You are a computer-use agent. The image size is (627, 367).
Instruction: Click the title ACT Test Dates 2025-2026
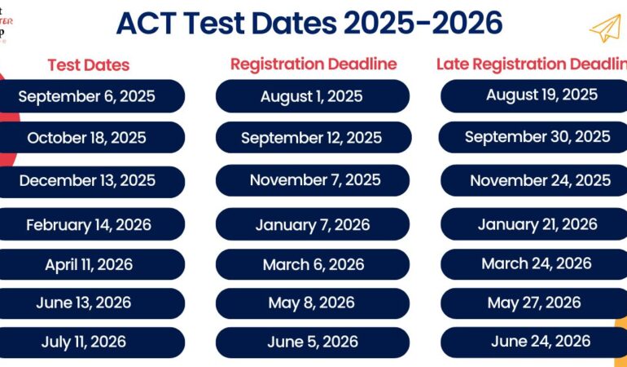pyautogui.click(x=309, y=24)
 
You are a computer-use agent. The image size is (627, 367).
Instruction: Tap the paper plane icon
pyautogui.click(x=604, y=29)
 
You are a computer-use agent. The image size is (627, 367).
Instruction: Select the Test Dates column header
pyautogui.click(x=88, y=65)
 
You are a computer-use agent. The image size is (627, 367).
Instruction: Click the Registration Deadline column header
pyautogui.click(x=313, y=64)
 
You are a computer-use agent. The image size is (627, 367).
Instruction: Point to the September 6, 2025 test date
pyautogui.click(x=86, y=96)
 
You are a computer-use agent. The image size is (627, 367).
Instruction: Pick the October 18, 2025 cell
pyautogui.click(x=86, y=138)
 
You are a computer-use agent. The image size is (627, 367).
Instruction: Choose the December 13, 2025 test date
pyautogui.click(x=86, y=180)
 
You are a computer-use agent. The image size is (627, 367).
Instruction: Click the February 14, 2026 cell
pyautogui.click(x=88, y=224)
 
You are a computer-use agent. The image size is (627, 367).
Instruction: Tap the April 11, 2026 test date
pyautogui.click(x=88, y=264)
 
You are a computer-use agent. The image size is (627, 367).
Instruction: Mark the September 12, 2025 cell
pyautogui.click(x=311, y=138)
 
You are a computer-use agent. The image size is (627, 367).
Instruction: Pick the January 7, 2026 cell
pyautogui.click(x=313, y=224)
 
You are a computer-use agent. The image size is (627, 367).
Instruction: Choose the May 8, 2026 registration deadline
pyautogui.click(x=312, y=303)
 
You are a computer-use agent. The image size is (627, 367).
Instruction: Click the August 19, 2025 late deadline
pyautogui.click(x=541, y=95)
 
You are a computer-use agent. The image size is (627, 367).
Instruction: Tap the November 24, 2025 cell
pyautogui.click(x=540, y=180)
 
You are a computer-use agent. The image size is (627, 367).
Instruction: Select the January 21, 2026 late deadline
pyautogui.click(x=537, y=224)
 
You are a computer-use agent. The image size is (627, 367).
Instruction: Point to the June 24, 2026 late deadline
pyautogui.click(x=540, y=341)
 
